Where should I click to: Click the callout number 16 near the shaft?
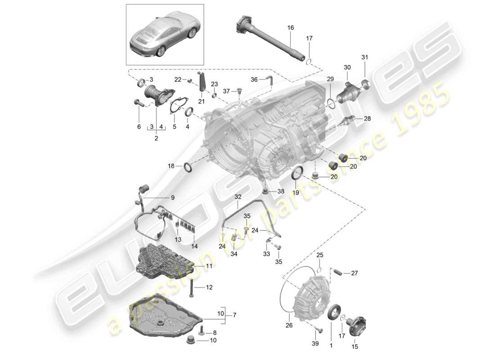tap(291, 28)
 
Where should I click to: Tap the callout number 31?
tap(364, 57)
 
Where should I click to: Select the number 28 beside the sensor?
tap(367, 119)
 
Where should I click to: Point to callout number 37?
tap(227, 91)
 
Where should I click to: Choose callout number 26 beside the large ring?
tap(288, 322)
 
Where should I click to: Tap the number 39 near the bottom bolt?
tap(315, 344)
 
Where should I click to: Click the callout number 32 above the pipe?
tap(238, 197)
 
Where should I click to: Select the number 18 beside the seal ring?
tap(171, 166)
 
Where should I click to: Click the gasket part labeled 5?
tap(177, 106)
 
